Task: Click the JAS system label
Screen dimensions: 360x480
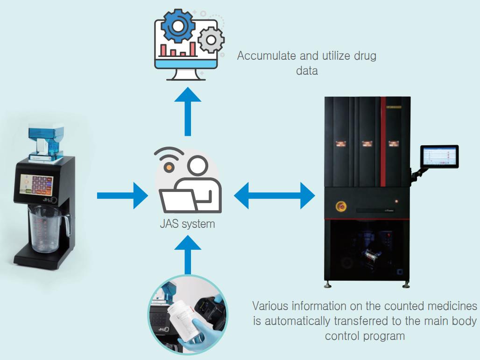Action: pyautogui.click(x=186, y=224)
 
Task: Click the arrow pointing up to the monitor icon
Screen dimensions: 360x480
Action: pyautogui.click(x=187, y=112)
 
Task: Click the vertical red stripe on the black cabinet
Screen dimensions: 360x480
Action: pyautogui.click(x=383, y=140)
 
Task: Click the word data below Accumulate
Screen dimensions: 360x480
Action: pyautogui.click(x=307, y=71)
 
